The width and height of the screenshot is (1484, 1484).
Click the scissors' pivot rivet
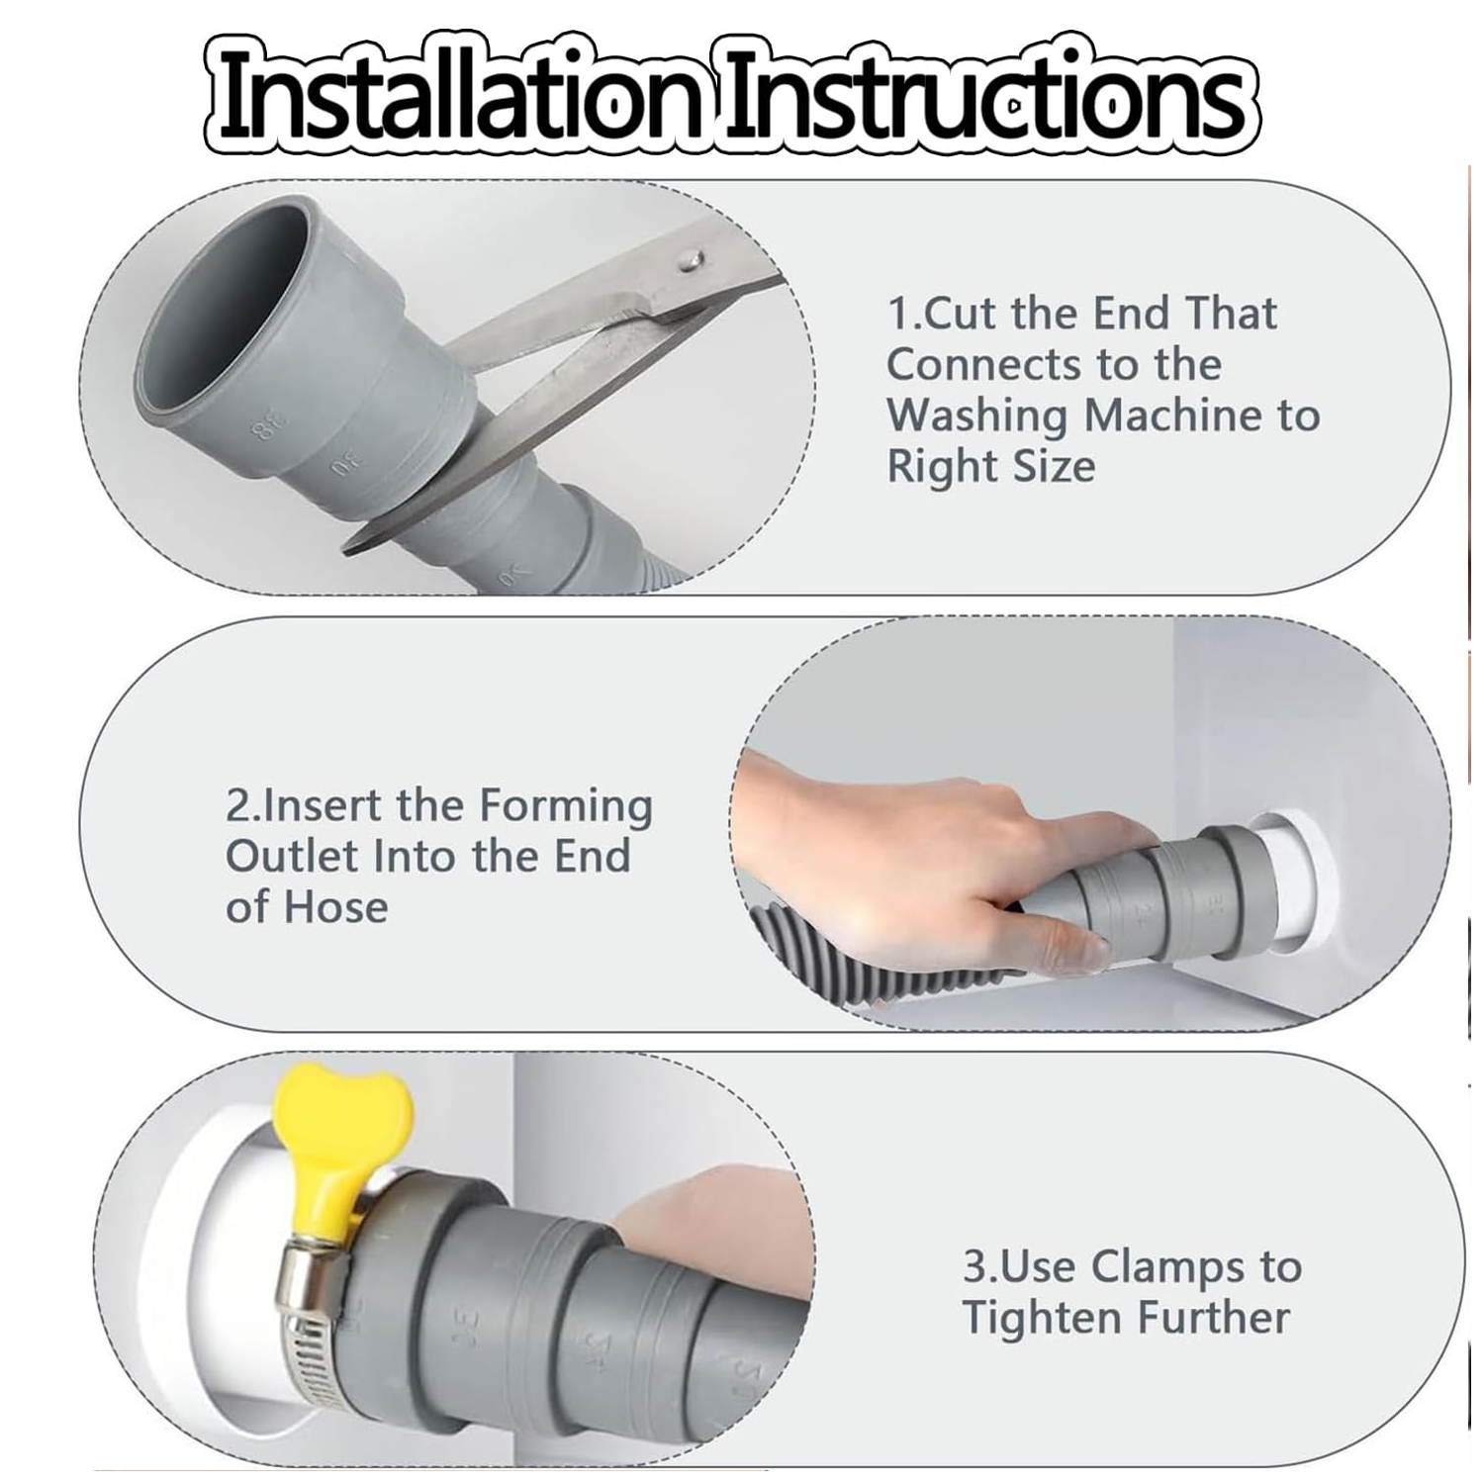(690, 259)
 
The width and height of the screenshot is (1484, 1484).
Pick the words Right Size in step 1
(991, 467)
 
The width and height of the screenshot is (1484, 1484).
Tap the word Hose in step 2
(336, 907)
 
